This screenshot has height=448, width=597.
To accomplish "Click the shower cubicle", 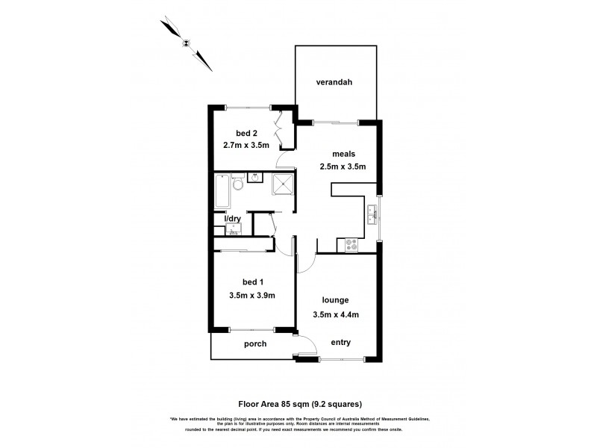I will tap(282, 184).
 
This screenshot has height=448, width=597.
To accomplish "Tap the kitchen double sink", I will tap(372, 216).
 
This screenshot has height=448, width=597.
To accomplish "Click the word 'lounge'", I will tap(336, 300).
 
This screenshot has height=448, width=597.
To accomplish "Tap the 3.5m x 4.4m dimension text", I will tap(336, 314).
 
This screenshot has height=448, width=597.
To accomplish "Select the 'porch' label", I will tap(254, 344).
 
